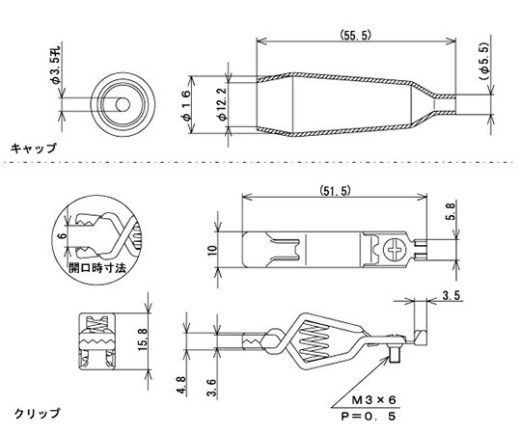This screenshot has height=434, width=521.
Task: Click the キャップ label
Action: pos(33,149)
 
